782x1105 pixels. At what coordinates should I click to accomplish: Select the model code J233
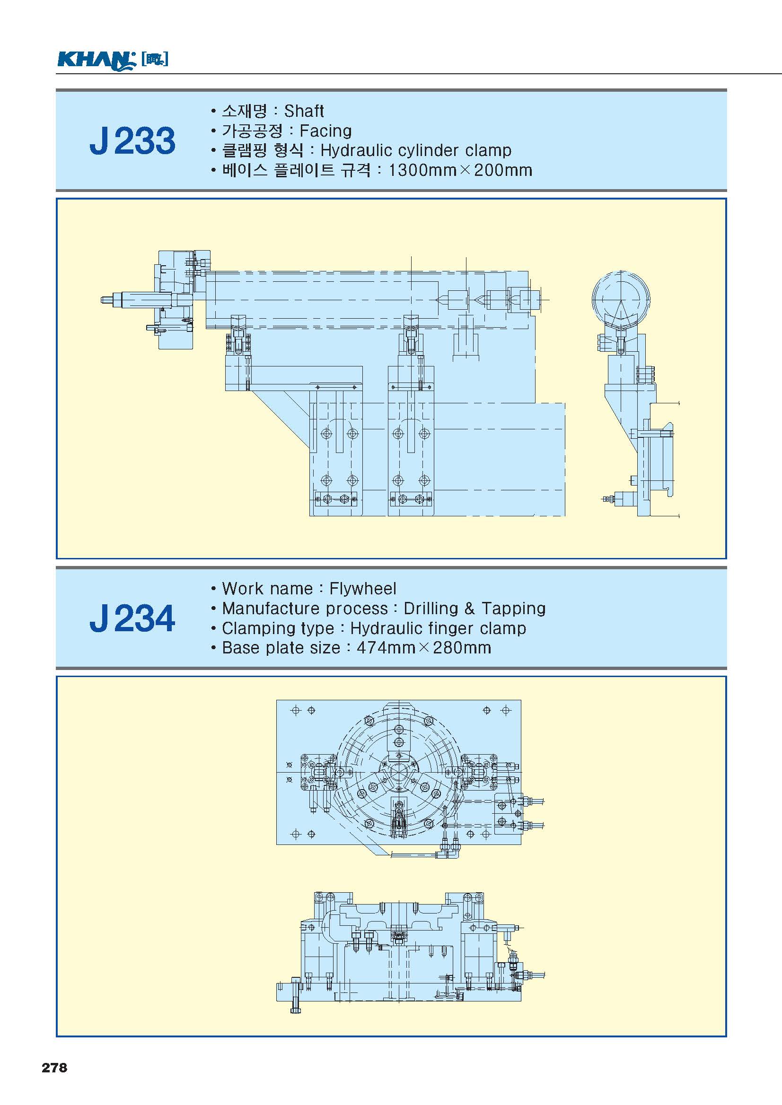click(x=132, y=141)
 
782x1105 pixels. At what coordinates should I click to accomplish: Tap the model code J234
click(x=132, y=618)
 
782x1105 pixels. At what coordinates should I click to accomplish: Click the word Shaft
click(x=304, y=111)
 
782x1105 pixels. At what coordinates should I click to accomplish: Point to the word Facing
click(x=325, y=131)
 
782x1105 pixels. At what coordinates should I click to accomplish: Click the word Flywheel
click(x=362, y=589)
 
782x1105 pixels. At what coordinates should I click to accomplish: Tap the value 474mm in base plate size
click(x=386, y=648)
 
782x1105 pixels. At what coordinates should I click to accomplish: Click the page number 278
click(x=54, y=1068)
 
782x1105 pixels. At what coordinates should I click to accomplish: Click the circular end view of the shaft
click(x=621, y=298)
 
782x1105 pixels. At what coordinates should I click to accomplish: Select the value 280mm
click(x=462, y=648)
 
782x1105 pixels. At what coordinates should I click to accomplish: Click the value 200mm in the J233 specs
click(x=503, y=170)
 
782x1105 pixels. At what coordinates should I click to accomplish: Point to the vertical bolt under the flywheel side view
click(x=296, y=1001)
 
